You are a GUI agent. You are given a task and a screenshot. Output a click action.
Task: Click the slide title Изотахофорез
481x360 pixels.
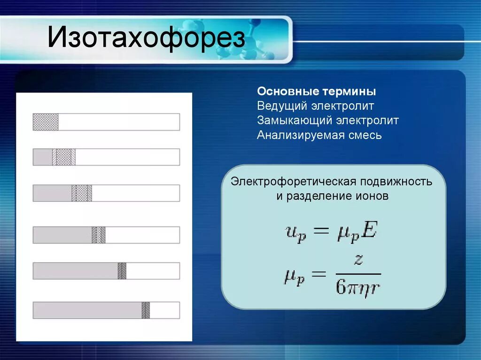click(x=147, y=39)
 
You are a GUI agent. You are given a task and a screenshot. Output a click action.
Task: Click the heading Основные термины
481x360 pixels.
click(x=316, y=91)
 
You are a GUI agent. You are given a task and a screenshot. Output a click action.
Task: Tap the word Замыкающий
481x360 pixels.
click(x=295, y=121)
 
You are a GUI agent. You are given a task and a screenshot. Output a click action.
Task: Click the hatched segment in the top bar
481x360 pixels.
click(x=46, y=122)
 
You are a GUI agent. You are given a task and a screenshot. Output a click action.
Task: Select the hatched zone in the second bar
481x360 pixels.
click(x=64, y=157)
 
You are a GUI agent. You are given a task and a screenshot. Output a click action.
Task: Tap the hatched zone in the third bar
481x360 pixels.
click(x=82, y=193)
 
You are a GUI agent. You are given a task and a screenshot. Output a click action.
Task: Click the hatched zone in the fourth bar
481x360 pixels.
click(x=99, y=235)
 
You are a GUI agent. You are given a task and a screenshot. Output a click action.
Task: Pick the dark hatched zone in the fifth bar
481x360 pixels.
click(x=122, y=271)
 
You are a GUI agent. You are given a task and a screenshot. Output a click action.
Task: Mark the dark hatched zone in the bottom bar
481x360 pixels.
click(x=146, y=310)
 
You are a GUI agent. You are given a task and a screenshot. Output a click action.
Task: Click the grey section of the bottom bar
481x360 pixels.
click(x=87, y=310)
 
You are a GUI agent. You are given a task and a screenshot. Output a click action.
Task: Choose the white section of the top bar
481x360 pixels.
click(x=118, y=122)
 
